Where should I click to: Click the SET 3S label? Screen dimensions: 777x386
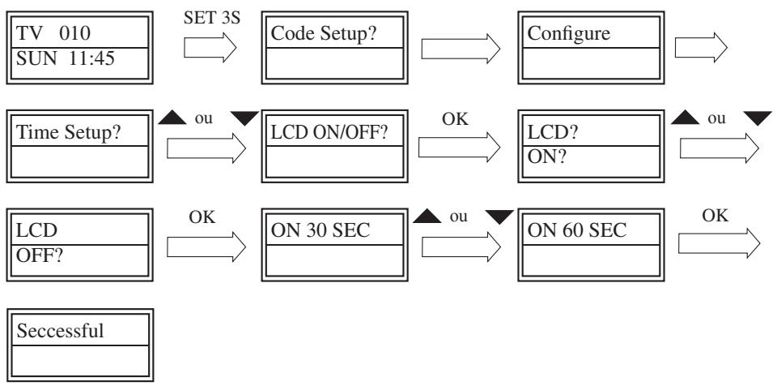click(212, 18)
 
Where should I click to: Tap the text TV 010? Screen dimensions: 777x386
click(53, 33)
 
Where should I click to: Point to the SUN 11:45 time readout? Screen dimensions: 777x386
click(66, 58)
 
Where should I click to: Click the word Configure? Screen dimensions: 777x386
click(568, 33)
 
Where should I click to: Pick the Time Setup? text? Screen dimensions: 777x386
click(68, 133)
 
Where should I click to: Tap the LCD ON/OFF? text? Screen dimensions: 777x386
click(329, 133)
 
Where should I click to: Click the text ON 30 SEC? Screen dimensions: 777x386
click(321, 230)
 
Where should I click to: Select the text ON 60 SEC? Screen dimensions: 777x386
click(577, 230)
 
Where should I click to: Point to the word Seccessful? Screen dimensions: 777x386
click(61, 331)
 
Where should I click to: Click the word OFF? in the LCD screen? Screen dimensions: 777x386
click(40, 255)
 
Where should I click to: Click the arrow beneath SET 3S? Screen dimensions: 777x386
click(210, 48)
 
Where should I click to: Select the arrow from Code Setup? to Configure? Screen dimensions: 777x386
click(461, 48)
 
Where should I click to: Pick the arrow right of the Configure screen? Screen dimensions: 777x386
click(701, 48)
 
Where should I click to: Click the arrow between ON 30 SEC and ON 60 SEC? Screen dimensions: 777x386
click(461, 247)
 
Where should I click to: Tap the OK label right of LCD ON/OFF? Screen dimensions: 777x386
click(455, 119)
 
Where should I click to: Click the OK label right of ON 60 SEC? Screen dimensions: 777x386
click(715, 216)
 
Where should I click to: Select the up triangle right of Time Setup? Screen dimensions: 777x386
click(172, 118)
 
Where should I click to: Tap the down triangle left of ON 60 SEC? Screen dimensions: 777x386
click(499, 217)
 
